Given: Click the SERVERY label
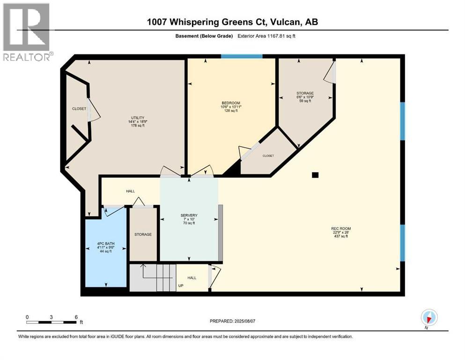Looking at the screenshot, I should tap(189, 216).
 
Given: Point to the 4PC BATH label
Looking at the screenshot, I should tap(105, 244).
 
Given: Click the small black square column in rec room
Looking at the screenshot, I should tap(315, 175).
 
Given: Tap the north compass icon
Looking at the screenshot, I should tap(429, 318).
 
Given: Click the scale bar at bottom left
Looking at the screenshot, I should tap(52, 322).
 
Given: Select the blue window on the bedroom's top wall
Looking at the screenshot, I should tap(241, 56).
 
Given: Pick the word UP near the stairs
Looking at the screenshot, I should tap(180, 285).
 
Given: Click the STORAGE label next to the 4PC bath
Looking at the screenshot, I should tap(143, 234).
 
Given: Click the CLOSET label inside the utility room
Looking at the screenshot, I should tap(79, 109).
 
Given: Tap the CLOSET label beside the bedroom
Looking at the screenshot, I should tap(268, 156).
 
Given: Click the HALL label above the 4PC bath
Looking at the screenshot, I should tap(130, 191).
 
